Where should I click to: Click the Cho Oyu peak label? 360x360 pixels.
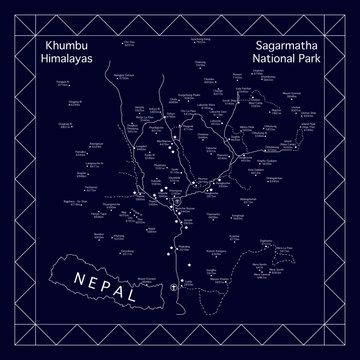click(131, 44)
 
